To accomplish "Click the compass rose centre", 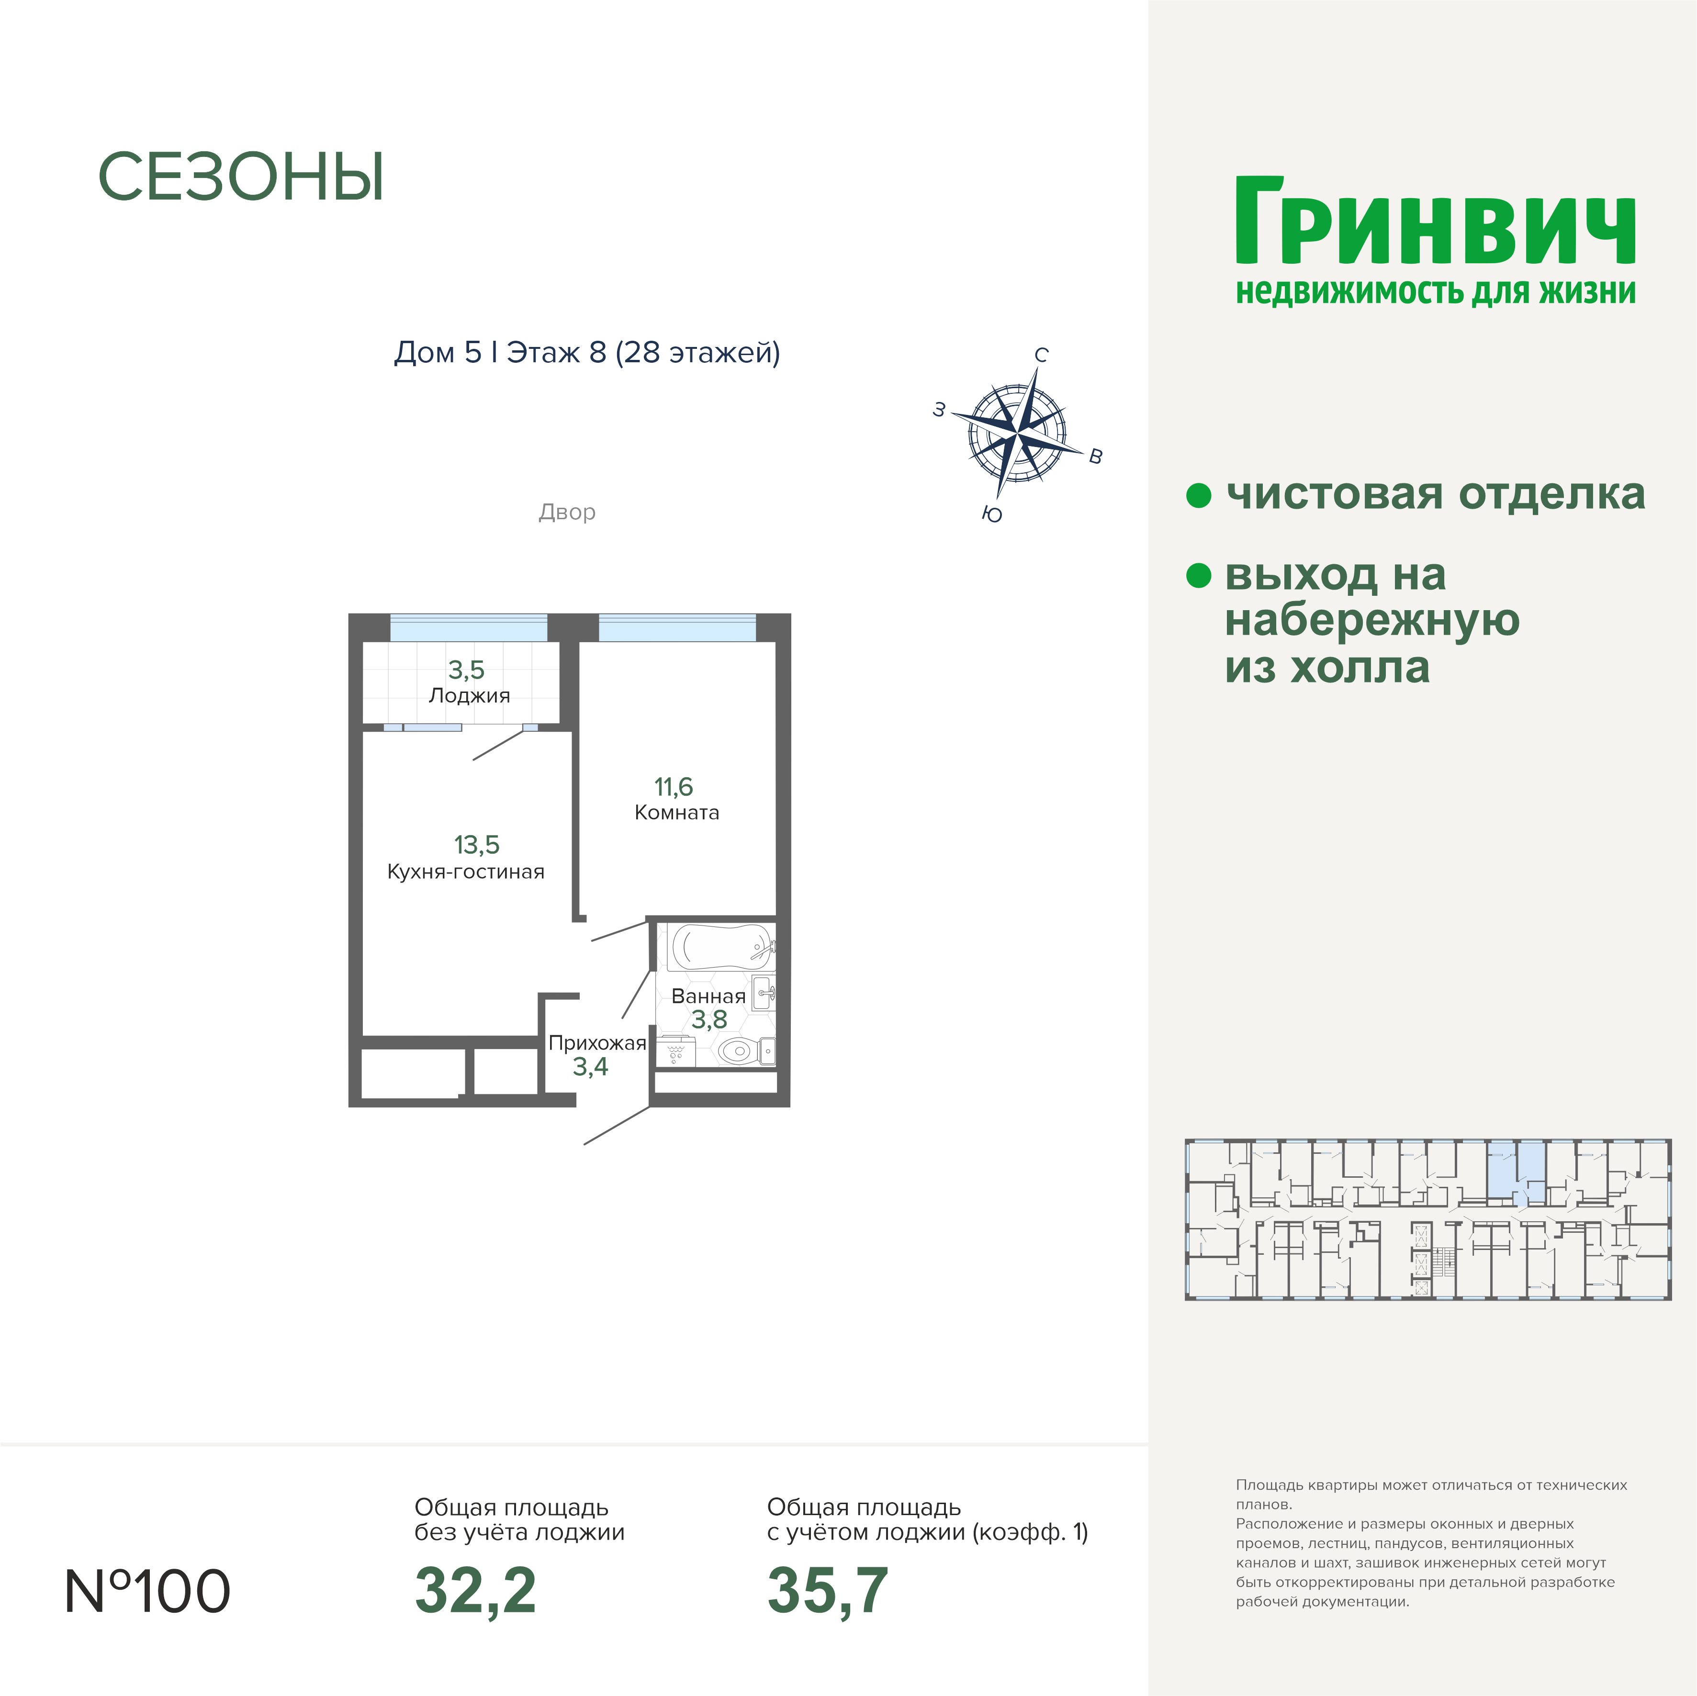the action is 1017,432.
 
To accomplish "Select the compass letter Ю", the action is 992,514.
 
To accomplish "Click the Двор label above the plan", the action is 567,512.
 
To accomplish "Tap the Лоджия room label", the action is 469,696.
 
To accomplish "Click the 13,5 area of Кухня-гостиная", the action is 476,845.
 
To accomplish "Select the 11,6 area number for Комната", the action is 673,787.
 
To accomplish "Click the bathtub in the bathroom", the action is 721,947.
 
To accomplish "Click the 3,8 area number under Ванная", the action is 709,1020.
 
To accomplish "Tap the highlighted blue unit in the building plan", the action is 1517,1172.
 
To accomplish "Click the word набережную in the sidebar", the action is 1372,621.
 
